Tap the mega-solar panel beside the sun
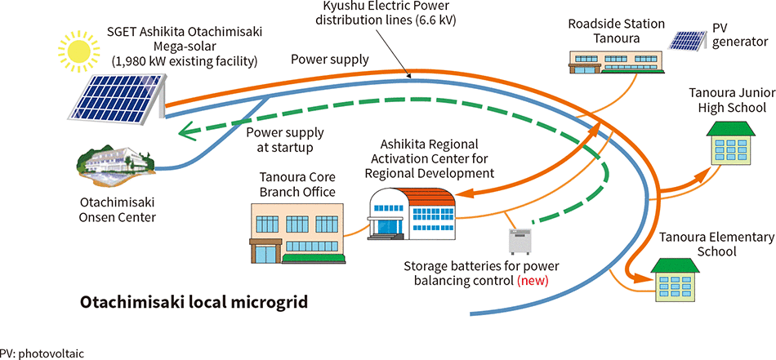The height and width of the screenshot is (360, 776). coord(116,96)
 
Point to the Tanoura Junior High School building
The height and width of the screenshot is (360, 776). coord(725,142)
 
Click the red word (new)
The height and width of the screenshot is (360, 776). coord(532,280)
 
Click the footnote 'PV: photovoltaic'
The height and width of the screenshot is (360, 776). coord(42,353)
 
